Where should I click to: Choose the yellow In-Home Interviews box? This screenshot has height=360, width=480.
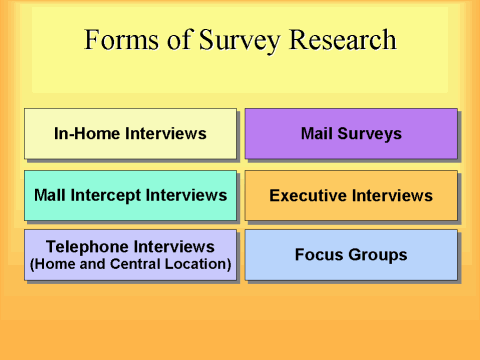[130, 133]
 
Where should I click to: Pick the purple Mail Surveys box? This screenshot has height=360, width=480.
[351, 133]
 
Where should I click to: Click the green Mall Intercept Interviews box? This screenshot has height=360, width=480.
[130, 195]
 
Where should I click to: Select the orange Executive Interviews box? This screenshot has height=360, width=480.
[351, 195]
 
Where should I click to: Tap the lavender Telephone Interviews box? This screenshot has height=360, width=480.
[130, 255]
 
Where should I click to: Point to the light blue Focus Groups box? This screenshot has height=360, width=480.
[351, 255]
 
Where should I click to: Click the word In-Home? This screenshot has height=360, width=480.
[90, 133]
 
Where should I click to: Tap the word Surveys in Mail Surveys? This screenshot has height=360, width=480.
[371, 133]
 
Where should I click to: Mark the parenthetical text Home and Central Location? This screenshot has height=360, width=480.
[130, 265]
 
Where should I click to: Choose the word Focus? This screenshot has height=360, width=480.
[320, 255]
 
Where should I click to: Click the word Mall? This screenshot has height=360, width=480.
[51, 195]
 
